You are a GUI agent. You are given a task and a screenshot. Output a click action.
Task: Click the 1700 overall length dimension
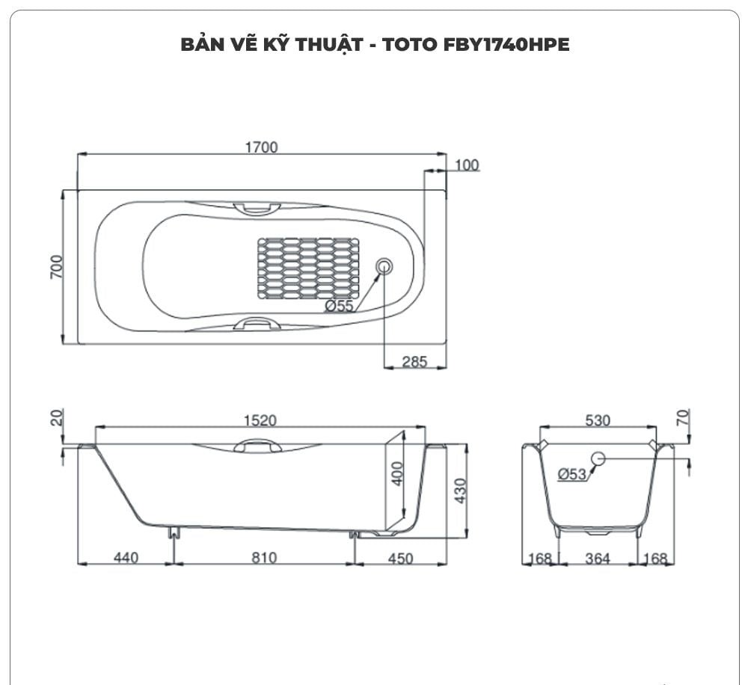coord(261,147)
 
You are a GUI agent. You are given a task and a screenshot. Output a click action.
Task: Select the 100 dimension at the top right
coord(467,165)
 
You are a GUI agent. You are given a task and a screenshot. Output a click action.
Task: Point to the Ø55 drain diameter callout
coord(339,305)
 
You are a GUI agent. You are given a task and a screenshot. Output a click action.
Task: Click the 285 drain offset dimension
coord(414,362)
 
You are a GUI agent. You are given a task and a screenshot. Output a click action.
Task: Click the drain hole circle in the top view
coord(384,265)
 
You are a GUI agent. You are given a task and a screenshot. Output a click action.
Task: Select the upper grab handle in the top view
coord(257,208)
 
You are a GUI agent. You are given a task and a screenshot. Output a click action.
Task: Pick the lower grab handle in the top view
coord(257,325)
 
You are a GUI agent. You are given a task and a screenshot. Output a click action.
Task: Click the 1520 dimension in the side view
coord(261,421)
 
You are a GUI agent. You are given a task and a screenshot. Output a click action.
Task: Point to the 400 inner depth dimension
coord(397,473)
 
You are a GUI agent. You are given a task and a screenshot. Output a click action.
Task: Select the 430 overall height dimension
coord(460,490)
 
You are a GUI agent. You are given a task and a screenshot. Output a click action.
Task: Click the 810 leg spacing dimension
coord(263,557)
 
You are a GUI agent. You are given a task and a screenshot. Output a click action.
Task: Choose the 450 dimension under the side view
coord(401,557)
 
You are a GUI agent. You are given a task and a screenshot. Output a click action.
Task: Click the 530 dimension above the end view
coord(598,421)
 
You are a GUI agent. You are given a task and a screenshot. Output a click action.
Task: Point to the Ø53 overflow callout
coord(572,473)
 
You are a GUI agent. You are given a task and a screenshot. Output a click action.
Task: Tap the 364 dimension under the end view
coord(598,558)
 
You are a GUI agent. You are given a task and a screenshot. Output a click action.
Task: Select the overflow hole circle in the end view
coord(598,458)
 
